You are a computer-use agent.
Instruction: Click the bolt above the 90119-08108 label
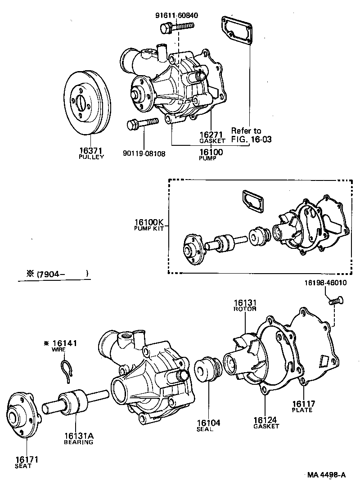142,123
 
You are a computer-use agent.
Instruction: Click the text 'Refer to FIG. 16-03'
252,135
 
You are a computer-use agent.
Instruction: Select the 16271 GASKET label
212,137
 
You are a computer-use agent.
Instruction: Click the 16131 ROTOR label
245,305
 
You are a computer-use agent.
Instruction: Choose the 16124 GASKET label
266,423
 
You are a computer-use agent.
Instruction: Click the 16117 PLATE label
301,406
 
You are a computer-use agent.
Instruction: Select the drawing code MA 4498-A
327,475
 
